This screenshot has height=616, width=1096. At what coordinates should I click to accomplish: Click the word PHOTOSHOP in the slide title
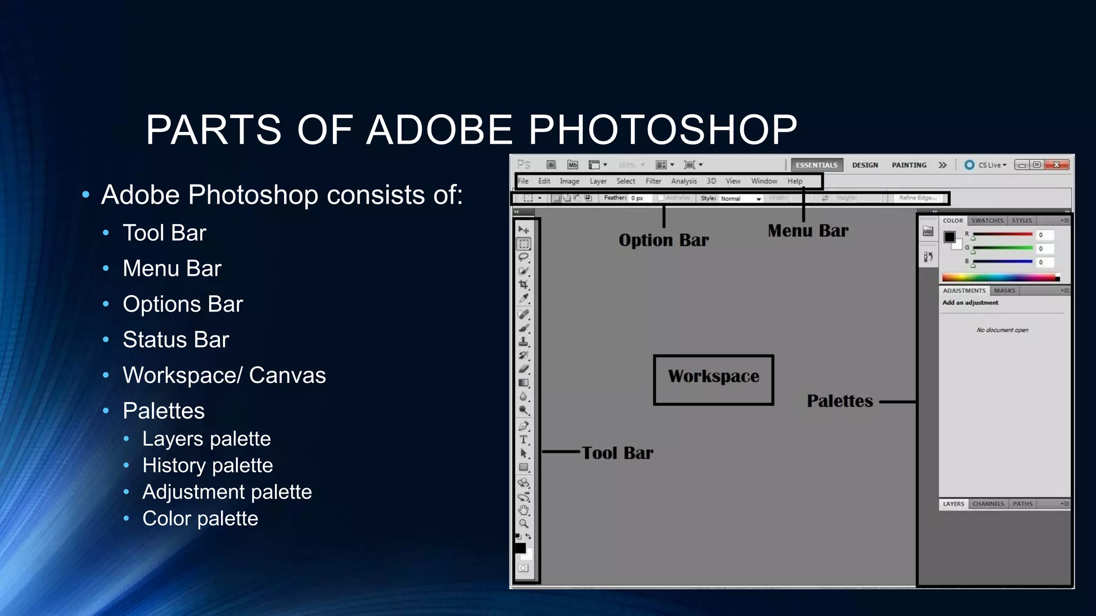coord(663,130)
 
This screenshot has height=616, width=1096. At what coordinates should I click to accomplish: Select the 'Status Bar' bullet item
coord(176,340)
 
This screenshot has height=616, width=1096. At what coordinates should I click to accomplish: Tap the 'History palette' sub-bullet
coord(207,465)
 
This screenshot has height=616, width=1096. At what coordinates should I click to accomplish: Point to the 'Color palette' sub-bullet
coord(200,518)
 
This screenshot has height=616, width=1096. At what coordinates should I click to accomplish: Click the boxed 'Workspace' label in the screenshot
coord(713,376)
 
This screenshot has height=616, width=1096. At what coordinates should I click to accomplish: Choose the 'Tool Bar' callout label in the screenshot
coord(618,453)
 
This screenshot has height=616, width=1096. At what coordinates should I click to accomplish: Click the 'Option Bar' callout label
coord(664,240)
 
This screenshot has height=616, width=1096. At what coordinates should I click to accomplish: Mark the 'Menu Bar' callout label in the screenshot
coord(808,230)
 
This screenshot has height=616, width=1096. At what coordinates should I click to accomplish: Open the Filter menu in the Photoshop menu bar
coord(653,181)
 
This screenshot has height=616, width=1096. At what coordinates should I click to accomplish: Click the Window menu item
coord(764,181)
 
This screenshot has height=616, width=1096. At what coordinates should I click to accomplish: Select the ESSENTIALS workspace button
coord(816,165)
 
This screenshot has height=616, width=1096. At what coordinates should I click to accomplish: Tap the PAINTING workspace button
coord(909,165)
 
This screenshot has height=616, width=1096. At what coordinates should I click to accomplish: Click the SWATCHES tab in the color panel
coord(987,220)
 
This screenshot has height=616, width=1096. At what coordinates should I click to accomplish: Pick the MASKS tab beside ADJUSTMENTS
coord(1004,291)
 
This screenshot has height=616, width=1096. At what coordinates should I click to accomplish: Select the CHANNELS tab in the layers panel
coord(988,504)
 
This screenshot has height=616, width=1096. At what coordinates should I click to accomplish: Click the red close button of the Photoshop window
coord(1056,165)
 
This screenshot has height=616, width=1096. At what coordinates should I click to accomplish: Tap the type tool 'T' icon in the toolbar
coord(523,440)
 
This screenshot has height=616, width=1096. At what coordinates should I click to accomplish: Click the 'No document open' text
coord(1002,330)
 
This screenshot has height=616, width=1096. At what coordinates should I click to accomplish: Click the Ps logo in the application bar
coord(524,165)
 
